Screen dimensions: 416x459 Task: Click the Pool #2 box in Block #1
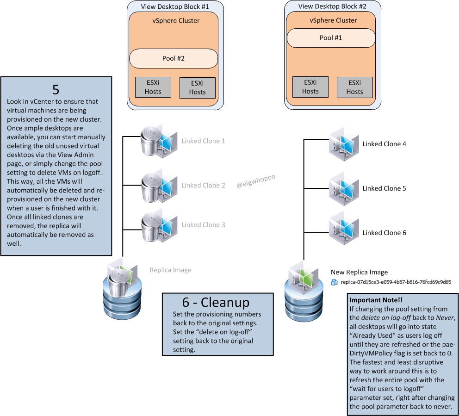[174, 58]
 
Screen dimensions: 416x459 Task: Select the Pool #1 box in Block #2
[331, 37]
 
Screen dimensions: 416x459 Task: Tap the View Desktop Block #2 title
[332, 6]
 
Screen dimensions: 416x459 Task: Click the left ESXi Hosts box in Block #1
[153, 87]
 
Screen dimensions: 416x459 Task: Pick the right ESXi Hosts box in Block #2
[354, 87]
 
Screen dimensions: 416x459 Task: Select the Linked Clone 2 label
[203, 185]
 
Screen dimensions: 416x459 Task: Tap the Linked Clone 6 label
[384, 233]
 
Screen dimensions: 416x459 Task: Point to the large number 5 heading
[56, 89]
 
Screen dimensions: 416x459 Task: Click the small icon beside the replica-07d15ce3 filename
[335, 282]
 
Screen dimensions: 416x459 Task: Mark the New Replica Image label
[359, 272]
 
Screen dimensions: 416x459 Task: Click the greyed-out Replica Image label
[170, 270]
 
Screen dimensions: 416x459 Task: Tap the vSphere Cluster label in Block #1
[176, 20]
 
